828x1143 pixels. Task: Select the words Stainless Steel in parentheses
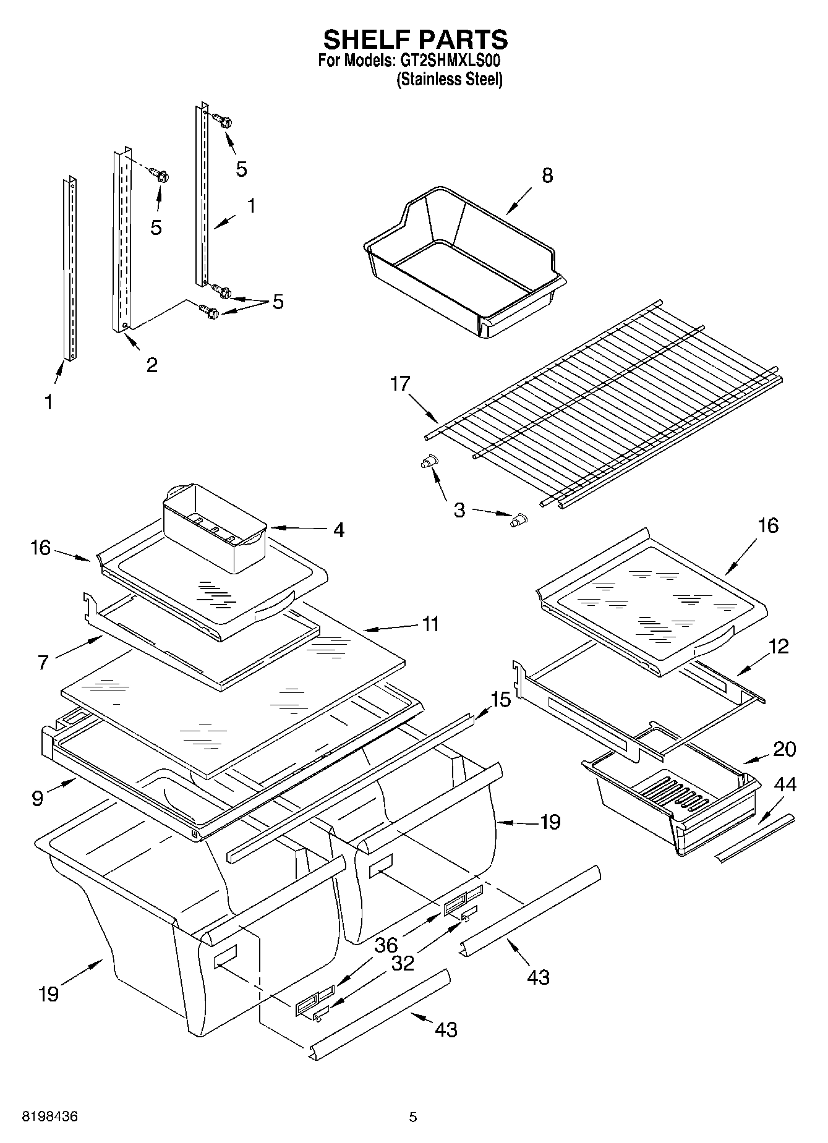click(449, 79)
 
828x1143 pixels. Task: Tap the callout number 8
click(547, 176)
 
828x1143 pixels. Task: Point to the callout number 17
click(400, 384)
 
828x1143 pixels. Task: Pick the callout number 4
click(338, 530)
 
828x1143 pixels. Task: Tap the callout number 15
click(501, 700)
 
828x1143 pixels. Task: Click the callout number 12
click(779, 647)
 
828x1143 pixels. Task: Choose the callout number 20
click(784, 749)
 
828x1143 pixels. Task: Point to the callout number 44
click(785, 785)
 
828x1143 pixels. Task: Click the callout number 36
click(386, 945)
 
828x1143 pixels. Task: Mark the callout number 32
click(403, 963)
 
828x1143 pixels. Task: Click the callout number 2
click(152, 365)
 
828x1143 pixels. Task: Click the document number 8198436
click(50, 1117)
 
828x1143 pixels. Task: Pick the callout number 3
click(459, 511)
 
